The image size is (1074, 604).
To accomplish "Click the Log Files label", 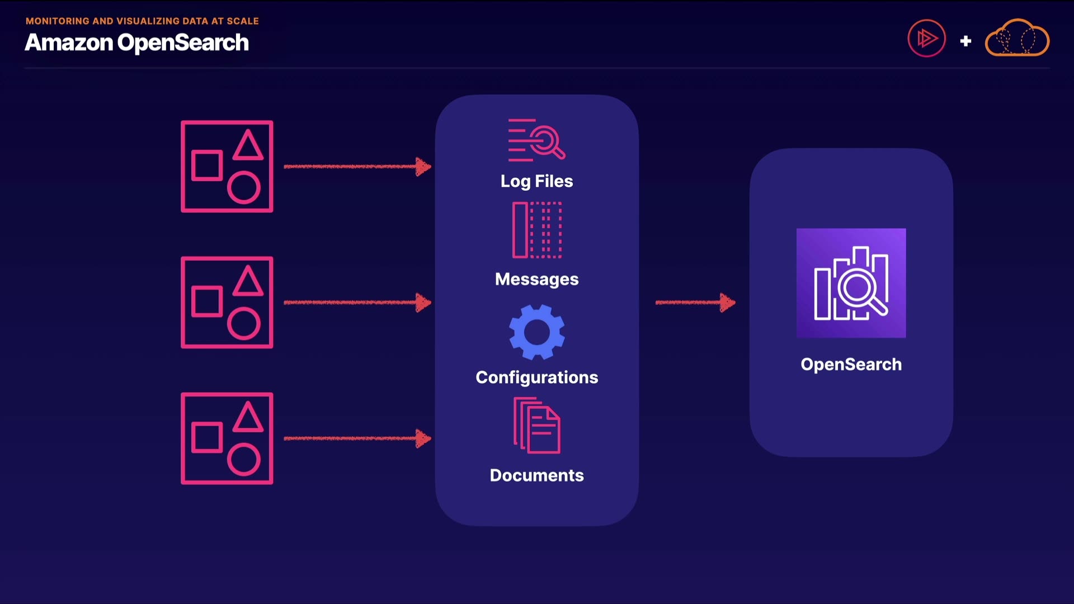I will click(536, 181).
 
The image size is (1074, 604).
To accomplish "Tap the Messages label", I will click(536, 279).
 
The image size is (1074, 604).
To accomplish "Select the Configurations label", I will click(536, 377).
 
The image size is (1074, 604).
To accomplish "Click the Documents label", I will click(536, 475).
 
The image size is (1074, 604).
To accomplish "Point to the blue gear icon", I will click(536, 332).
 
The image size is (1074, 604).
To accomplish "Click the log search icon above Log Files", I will click(536, 140).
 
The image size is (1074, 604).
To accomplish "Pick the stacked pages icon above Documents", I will click(536, 425).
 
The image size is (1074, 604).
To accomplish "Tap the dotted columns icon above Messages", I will click(536, 230).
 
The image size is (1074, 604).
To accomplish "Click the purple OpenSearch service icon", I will click(851, 283).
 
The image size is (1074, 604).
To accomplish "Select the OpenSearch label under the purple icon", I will click(851, 365).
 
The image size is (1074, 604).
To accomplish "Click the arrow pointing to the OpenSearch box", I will click(695, 303).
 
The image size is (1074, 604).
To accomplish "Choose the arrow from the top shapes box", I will click(357, 166).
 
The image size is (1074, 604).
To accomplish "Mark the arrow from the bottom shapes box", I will click(357, 438).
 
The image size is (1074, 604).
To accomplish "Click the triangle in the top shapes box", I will click(248, 147).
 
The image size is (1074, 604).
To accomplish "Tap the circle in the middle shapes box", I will click(244, 323).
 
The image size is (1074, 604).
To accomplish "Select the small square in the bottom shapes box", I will click(207, 437).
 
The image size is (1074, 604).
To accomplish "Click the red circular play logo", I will click(926, 39).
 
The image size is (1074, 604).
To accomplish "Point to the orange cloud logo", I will click(1017, 39).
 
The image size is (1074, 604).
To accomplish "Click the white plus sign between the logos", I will click(965, 41).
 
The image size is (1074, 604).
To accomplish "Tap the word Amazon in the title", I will click(69, 43).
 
